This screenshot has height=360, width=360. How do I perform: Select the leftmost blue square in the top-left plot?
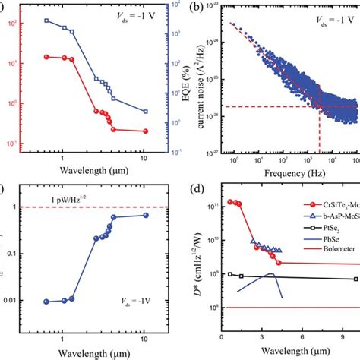(x=47, y=20)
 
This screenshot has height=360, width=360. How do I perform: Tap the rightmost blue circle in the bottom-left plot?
(x=146, y=215)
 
